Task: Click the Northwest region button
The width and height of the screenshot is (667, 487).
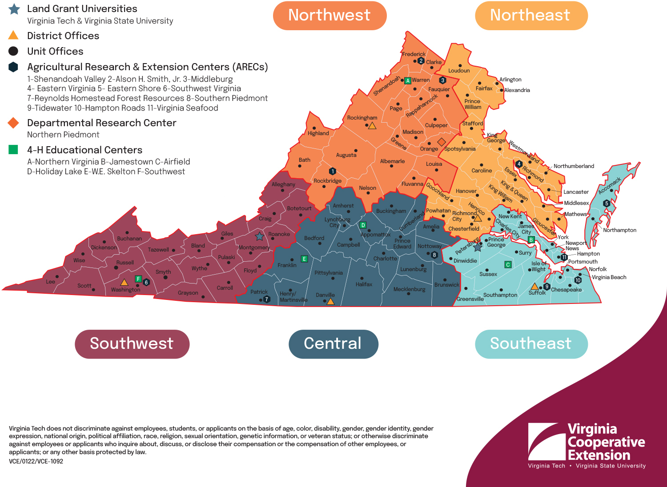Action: (329, 16)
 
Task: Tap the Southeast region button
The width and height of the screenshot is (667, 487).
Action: (531, 344)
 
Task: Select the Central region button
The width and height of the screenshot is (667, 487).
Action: (333, 344)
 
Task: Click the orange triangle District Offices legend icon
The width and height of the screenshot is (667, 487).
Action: (13, 36)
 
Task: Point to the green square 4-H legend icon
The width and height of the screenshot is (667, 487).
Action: (13, 150)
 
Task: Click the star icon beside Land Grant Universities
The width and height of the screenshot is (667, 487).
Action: (14, 9)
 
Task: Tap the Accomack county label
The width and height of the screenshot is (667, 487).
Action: (609, 186)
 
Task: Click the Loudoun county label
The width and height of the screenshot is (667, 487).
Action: (459, 71)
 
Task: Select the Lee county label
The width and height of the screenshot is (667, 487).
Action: (51, 282)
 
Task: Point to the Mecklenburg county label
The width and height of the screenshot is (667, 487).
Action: (409, 289)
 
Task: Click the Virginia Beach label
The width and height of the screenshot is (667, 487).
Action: (609, 277)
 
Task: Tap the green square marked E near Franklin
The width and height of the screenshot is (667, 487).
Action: (304, 259)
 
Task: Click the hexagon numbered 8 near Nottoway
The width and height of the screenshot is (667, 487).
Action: (434, 255)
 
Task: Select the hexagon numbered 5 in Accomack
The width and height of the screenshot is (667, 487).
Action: (606, 203)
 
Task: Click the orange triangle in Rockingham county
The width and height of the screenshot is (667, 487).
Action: (372, 126)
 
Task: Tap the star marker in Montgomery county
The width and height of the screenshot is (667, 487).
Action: (259, 236)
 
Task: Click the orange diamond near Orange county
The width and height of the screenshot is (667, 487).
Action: (441, 142)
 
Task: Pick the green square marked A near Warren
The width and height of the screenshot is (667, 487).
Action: (407, 80)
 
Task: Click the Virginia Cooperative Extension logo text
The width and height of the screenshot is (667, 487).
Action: (606, 442)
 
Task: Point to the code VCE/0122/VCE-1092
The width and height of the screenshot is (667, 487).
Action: (36, 461)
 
